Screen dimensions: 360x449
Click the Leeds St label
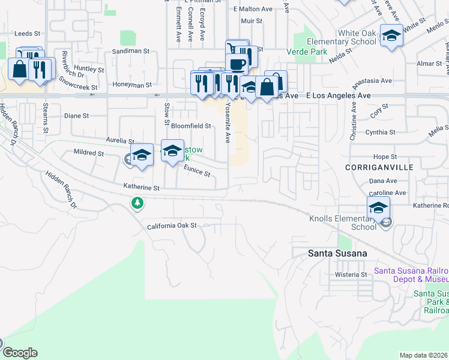28,34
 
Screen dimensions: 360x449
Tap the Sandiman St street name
131,52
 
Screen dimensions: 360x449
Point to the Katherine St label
142,188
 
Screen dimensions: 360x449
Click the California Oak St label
172,226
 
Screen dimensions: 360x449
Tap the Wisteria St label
352,274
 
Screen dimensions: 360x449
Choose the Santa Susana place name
337,253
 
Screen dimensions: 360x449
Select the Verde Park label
307,52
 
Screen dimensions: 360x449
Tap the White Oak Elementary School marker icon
391,35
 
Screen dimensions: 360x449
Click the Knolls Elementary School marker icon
378,208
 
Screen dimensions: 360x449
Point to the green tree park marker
138,204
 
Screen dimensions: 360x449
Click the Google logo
20,353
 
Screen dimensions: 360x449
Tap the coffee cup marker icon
238,64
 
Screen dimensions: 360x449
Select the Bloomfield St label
191,126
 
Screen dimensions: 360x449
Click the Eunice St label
197,172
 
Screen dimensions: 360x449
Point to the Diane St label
76,115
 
